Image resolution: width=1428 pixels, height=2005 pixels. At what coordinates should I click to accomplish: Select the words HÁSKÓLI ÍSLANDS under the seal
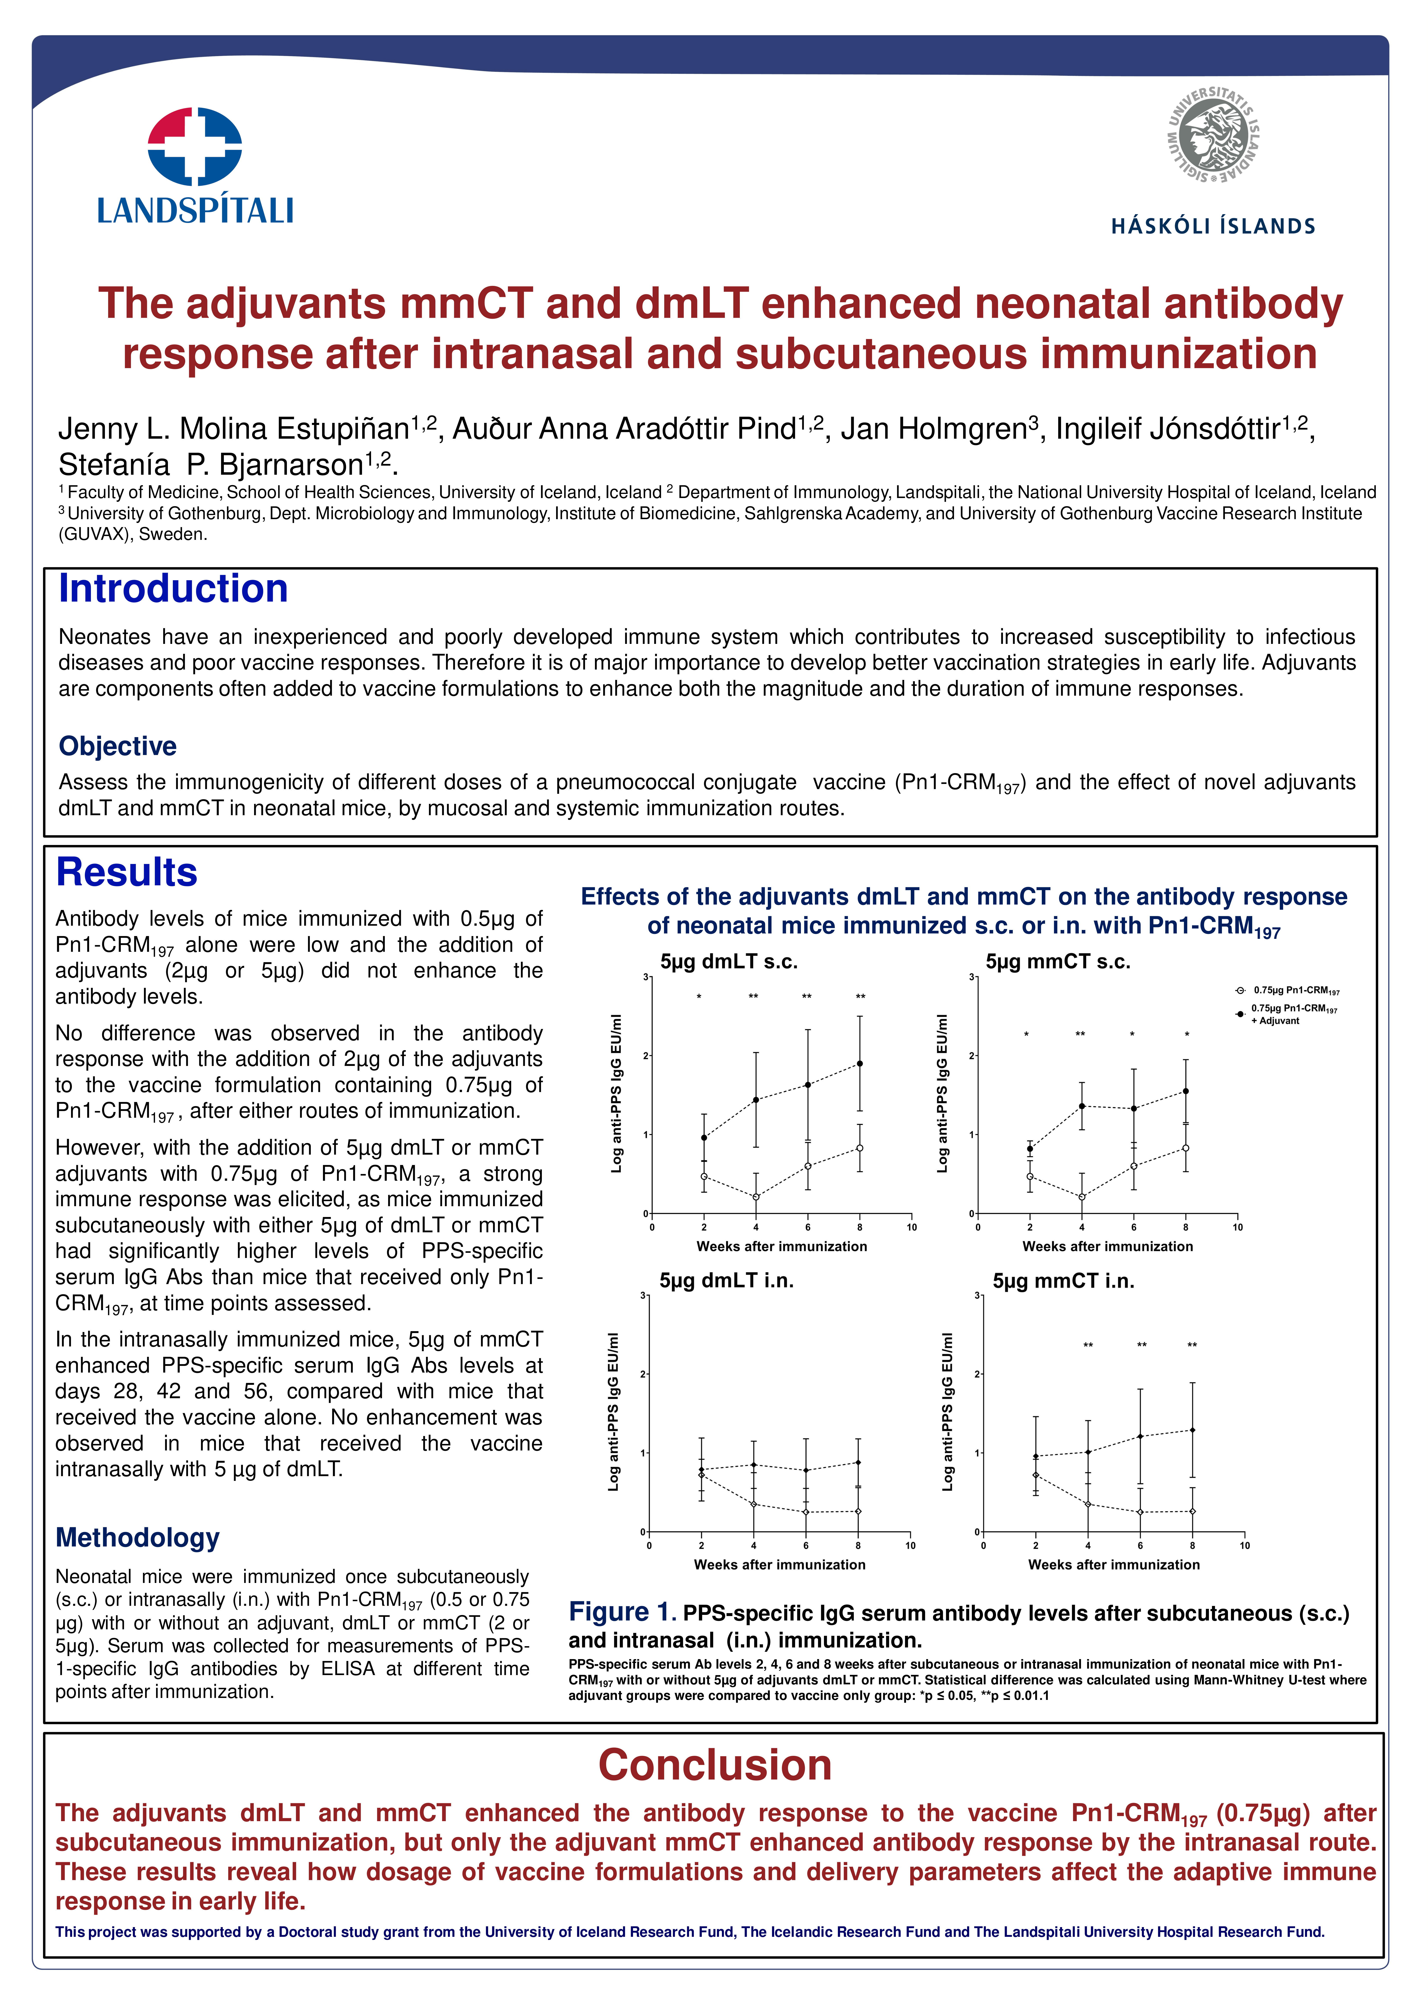[1213, 226]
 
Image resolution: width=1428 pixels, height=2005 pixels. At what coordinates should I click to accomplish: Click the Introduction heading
[173, 589]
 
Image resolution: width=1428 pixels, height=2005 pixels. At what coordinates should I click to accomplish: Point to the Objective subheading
[118, 746]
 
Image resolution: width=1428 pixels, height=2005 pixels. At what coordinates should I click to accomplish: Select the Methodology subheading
[137, 1537]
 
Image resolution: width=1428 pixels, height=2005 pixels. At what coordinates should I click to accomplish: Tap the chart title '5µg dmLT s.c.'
[729, 962]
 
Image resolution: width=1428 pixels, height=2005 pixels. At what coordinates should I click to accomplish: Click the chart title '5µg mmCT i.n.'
[1063, 1281]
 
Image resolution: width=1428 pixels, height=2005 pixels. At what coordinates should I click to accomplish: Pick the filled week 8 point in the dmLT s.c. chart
[860, 1064]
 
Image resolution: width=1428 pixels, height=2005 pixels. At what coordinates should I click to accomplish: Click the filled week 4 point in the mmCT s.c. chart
[1082, 1106]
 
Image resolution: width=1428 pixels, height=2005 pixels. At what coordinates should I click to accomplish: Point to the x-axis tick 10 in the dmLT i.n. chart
[910, 1545]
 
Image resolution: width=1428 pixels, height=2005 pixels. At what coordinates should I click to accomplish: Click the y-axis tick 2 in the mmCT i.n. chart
[977, 1374]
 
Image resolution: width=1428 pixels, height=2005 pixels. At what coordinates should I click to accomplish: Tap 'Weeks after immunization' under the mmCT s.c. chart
[1107, 1246]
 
